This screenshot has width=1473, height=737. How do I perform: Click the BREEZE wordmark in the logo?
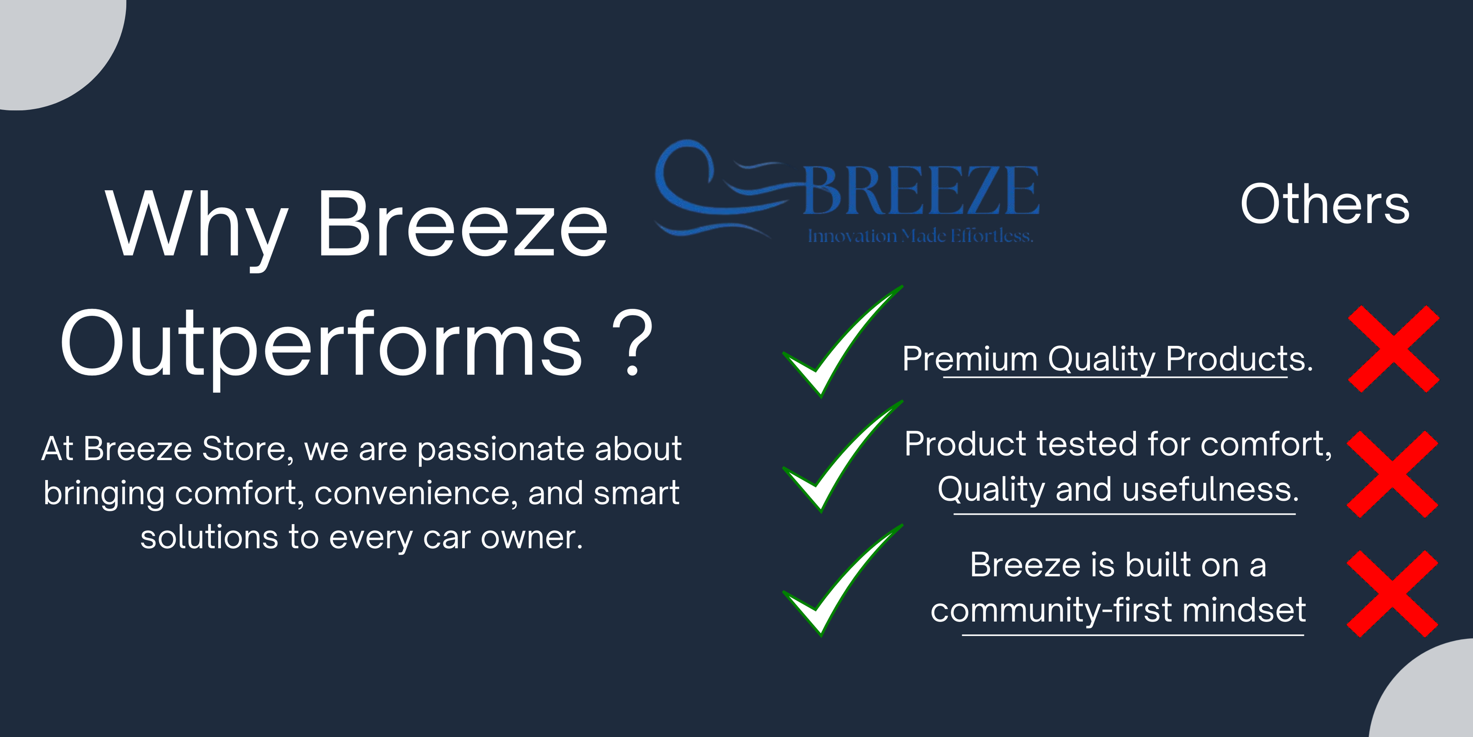[x=921, y=190]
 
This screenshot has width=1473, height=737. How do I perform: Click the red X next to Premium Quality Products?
[x=1393, y=349]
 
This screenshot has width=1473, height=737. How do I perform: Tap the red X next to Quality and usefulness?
[x=1392, y=474]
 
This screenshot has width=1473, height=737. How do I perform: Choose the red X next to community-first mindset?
[x=1392, y=594]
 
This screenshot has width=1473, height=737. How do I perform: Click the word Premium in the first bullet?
[x=970, y=359]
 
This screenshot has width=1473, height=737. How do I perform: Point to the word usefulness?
[x=1211, y=489]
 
